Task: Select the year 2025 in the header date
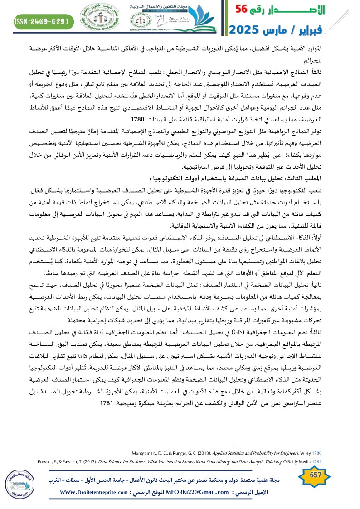[x=247, y=30]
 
